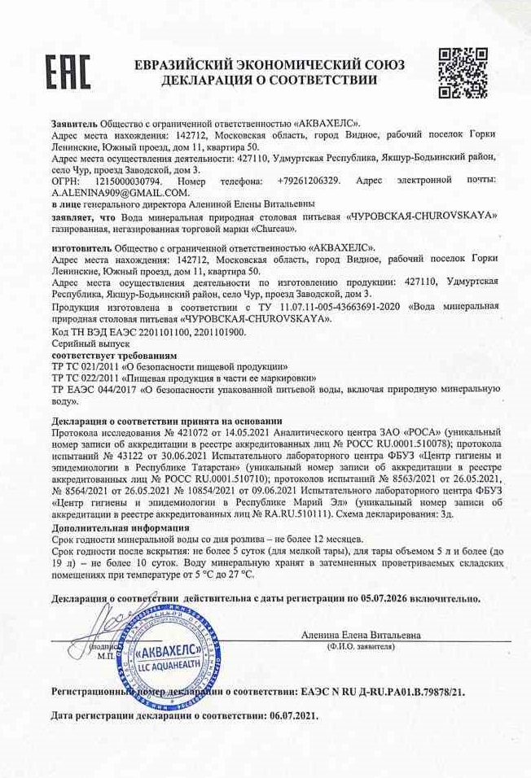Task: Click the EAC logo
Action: (68, 72)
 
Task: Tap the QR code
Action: (463, 73)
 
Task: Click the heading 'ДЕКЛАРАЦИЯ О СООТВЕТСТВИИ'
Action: (270, 81)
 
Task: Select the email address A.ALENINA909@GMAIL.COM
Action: (121, 192)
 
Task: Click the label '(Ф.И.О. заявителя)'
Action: (362, 645)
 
